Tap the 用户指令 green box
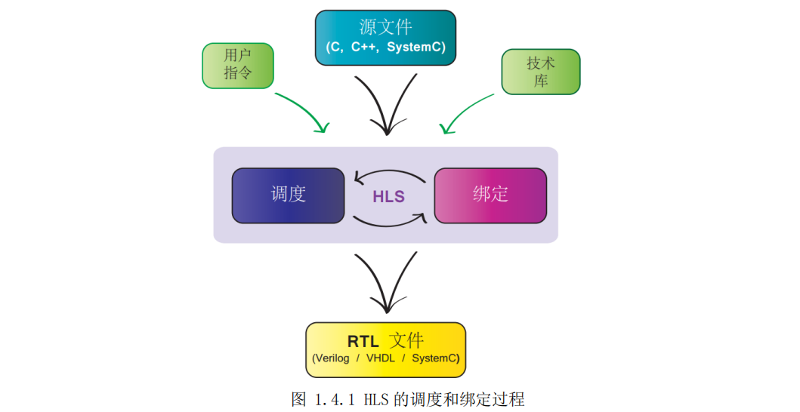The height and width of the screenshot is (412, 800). coord(238,65)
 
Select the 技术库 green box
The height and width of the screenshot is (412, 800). coord(541,72)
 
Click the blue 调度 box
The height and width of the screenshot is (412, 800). coord(288,195)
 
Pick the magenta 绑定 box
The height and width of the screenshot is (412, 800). coord(490,195)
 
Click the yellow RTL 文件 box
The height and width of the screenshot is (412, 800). coord(385,349)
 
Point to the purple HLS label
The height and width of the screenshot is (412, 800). coord(388,197)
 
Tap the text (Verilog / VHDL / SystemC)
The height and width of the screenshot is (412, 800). coord(385,358)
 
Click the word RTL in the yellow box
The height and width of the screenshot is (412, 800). coord(363,341)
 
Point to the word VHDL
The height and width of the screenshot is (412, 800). coord(381,358)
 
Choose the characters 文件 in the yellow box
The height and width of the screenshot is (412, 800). coord(406,340)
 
